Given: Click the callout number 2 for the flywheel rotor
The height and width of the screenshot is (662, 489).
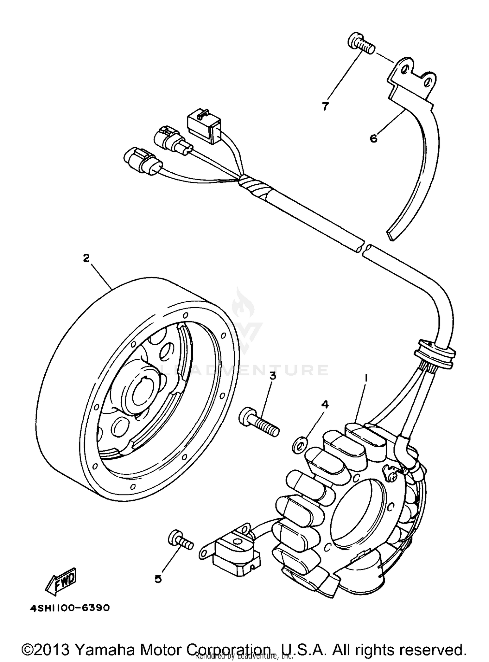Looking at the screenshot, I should pyautogui.click(x=86, y=258).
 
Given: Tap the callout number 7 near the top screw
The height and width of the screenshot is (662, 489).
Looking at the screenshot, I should pyautogui.click(x=325, y=106).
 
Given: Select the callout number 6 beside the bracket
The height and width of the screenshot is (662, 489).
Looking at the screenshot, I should pyautogui.click(x=374, y=138).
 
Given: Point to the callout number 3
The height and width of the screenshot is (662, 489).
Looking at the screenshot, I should pyautogui.click(x=273, y=376).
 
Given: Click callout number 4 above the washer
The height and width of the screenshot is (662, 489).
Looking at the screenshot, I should pyautogui.click(x=325, y=405).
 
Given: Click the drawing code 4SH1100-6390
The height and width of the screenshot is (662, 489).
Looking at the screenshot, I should pyautogui.click(x=70, y=608).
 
